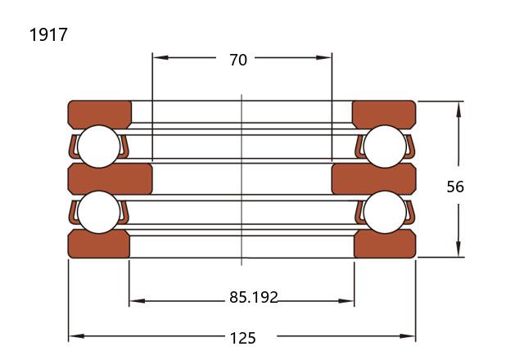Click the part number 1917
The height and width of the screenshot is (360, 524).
pos(48,34)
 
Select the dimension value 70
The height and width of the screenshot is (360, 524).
pos(238,60)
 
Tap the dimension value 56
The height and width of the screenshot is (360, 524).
pos(455,187)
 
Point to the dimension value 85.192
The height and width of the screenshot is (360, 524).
pos(254,297)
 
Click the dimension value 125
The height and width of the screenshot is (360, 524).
pos(243,338)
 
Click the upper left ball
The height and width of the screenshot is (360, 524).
pos(98,146)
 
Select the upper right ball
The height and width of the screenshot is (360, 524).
pos(385,146)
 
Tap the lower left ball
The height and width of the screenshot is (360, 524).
pos(98,212)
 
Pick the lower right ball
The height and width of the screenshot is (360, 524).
pos(385,212)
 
